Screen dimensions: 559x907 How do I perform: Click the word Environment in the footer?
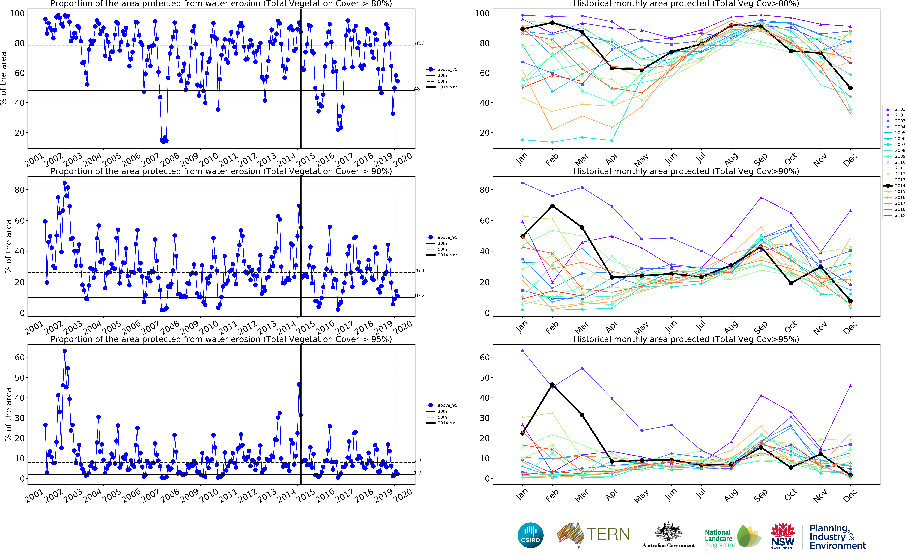tap(838, 546)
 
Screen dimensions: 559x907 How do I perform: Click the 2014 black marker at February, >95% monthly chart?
tap(552, 385)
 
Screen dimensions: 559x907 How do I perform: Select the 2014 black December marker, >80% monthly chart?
tap(850, 88)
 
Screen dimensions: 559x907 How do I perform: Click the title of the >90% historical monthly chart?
tap(686, 171)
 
